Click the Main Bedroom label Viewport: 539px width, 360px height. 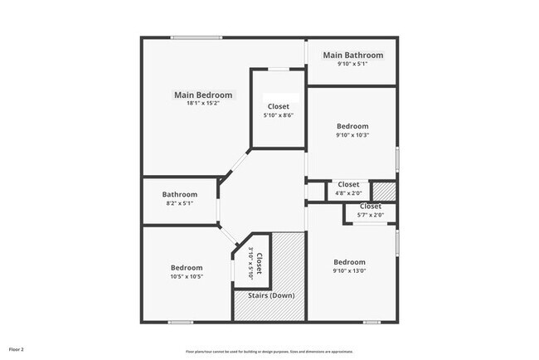point(203,95)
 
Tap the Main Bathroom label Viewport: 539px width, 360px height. point(353,56)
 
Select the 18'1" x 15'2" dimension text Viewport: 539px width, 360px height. point(203,105)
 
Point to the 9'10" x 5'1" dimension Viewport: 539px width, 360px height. point(353,65)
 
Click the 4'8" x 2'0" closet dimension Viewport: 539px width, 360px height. point(348,194)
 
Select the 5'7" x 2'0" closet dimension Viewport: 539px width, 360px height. point(370,216)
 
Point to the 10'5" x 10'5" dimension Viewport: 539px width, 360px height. point(187,277)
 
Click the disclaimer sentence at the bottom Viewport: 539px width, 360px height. point(269,351)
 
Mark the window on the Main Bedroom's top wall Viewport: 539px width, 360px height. point(197,37)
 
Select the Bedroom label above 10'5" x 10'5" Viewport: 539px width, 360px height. point(187,268)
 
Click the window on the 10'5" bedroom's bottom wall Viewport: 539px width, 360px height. point(181,322)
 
